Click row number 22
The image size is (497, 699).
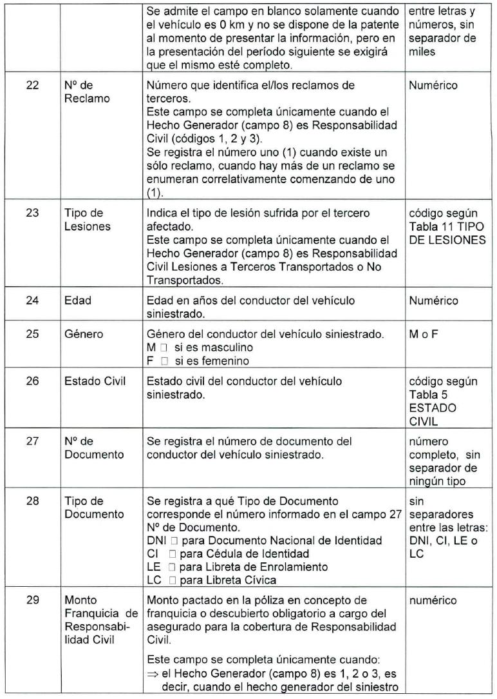(x=32, y=85)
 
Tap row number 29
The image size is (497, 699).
(x=32, y=600)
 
